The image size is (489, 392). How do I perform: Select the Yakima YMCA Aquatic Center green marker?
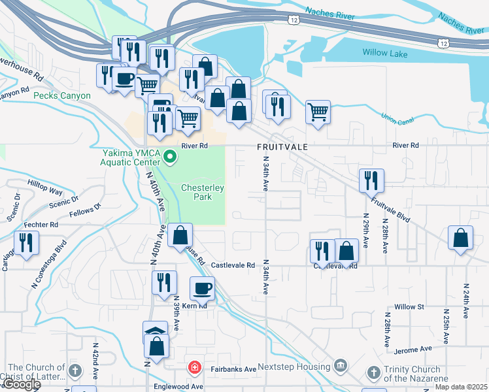pyautogui.click(x=170, y=157)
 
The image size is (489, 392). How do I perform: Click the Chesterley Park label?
pyautogui.click(x=203, y=192)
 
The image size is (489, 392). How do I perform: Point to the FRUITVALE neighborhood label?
pyautogui.click(x=282, y=148)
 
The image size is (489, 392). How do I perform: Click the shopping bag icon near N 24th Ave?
pyautogui.click(x=461, y=238)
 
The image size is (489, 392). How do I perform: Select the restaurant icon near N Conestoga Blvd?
pyautogui.click(x=25, y=243)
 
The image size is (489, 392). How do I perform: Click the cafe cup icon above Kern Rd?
pyautogui.click(x=202, y=288)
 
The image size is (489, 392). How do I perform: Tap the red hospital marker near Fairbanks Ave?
pyautogui.click(x=194, y=368)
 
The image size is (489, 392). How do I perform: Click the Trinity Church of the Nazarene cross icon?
pyautogui.click(x=373, y=373)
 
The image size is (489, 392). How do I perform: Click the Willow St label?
pyautogui.click(x=410, y=306)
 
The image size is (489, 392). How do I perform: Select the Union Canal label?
pyautogui.click(x=397, y=120)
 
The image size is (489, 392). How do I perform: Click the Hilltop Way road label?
pyautogui.click(x=45, y=188)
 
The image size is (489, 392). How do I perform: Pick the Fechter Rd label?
pyautogui.click(x=41, y=224)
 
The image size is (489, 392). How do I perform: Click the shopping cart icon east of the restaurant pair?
pyautogui.click(x=318, y=112)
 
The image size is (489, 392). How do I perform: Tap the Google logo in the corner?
pyautogui.click(x=22, y=385)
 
